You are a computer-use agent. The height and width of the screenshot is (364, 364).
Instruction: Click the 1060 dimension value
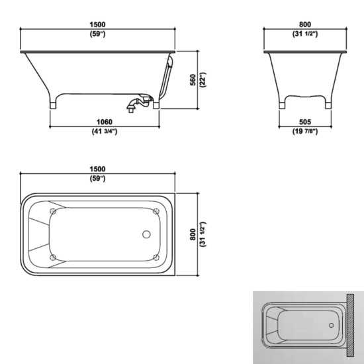105,122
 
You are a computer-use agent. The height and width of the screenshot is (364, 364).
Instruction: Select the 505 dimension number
305,122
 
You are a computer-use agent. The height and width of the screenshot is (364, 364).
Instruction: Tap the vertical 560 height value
193,80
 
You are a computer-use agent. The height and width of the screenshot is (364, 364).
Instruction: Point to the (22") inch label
203,80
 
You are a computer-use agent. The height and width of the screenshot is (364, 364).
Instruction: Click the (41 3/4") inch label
105,132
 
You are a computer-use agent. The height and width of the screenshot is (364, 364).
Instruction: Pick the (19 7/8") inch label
305,132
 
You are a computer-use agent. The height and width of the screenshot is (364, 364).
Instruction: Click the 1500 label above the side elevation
97,24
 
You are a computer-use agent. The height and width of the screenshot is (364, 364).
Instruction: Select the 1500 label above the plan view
97,169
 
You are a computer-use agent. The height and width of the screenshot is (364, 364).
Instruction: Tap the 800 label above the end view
305,24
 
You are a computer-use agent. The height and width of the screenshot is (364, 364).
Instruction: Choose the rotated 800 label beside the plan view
193,234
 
